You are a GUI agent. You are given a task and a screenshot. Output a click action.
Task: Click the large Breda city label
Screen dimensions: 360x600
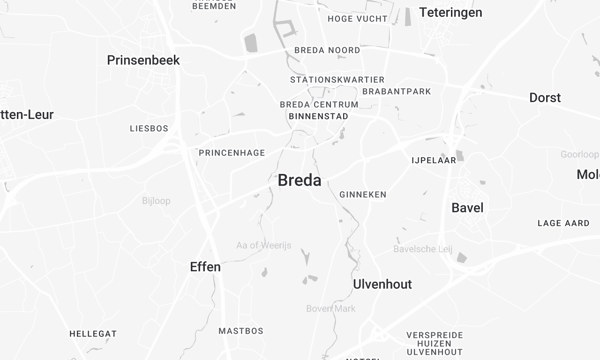(299, 181)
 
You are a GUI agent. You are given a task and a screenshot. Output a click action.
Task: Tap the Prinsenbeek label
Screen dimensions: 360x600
(143, 60)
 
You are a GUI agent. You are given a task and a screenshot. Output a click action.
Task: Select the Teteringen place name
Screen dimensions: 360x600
(450, 12)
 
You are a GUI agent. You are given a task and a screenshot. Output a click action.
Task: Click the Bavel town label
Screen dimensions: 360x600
(468, 208)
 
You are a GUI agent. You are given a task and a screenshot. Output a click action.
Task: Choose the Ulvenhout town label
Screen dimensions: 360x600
(382, 284)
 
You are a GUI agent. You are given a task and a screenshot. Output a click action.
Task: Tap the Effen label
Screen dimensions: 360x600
(205, 267)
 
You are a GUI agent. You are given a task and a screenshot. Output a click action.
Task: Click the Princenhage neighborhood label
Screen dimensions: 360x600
(232, 152)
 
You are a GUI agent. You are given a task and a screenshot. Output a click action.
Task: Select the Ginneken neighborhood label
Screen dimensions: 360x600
(363, 194)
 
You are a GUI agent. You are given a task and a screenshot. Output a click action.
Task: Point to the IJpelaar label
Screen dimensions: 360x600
(434, 160)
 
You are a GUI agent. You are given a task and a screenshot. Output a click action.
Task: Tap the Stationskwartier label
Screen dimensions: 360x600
(335, 79)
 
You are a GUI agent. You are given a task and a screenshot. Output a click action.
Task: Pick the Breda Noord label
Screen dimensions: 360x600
(327, 50)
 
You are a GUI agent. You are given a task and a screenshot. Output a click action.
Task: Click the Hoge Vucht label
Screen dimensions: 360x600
(356, 19)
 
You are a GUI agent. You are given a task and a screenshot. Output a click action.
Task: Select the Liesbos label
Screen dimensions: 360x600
(149, 129)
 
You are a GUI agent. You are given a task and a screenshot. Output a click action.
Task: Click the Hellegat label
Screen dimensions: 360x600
(93, 333)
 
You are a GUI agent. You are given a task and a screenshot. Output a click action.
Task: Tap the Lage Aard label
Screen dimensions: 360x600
(563, 223)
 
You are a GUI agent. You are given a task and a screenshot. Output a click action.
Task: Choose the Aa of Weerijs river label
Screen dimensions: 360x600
(263, 246)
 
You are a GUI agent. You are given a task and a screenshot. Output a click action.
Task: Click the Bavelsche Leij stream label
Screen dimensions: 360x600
(425, 249)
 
